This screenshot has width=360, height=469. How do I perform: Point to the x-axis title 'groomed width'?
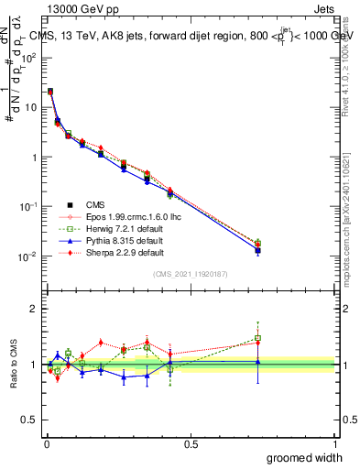(304, 457)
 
